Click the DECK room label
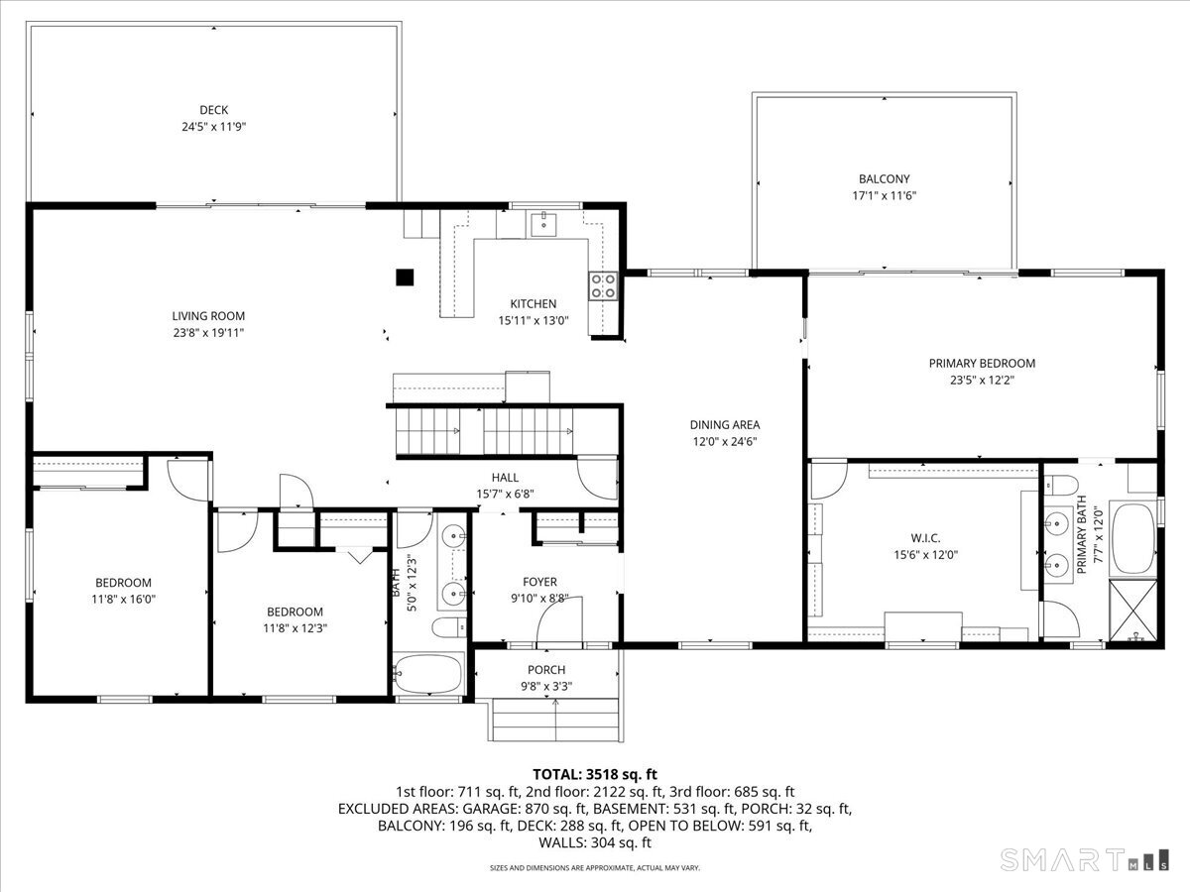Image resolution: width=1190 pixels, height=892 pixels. point(213,110)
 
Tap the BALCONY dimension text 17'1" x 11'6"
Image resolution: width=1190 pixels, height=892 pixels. point(884,195)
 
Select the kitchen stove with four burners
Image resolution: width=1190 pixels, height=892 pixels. point(603,286)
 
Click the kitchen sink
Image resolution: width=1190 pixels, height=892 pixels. point(543,225)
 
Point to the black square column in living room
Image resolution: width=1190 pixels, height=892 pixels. point(405,278)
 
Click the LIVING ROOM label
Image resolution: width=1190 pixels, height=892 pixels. point(208,316)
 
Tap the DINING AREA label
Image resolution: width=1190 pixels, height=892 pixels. point(724,424)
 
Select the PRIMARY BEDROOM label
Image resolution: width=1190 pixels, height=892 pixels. point(982,364)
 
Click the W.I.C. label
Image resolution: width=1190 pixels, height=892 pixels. point(925,538)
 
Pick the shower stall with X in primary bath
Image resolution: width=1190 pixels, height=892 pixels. point(1132,610)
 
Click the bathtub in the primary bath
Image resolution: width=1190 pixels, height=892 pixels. point(1133,538)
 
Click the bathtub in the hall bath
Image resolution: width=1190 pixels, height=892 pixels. point(428,673)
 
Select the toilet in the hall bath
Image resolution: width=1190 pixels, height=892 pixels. point(449,627)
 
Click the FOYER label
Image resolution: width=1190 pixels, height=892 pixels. point(539,582)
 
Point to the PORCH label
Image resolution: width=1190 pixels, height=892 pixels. point(546,670)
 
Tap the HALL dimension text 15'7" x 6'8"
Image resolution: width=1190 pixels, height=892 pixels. point(505,494)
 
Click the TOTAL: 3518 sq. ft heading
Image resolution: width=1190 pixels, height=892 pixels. point(595,774)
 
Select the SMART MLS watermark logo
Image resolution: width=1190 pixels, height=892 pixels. point(1084,859)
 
